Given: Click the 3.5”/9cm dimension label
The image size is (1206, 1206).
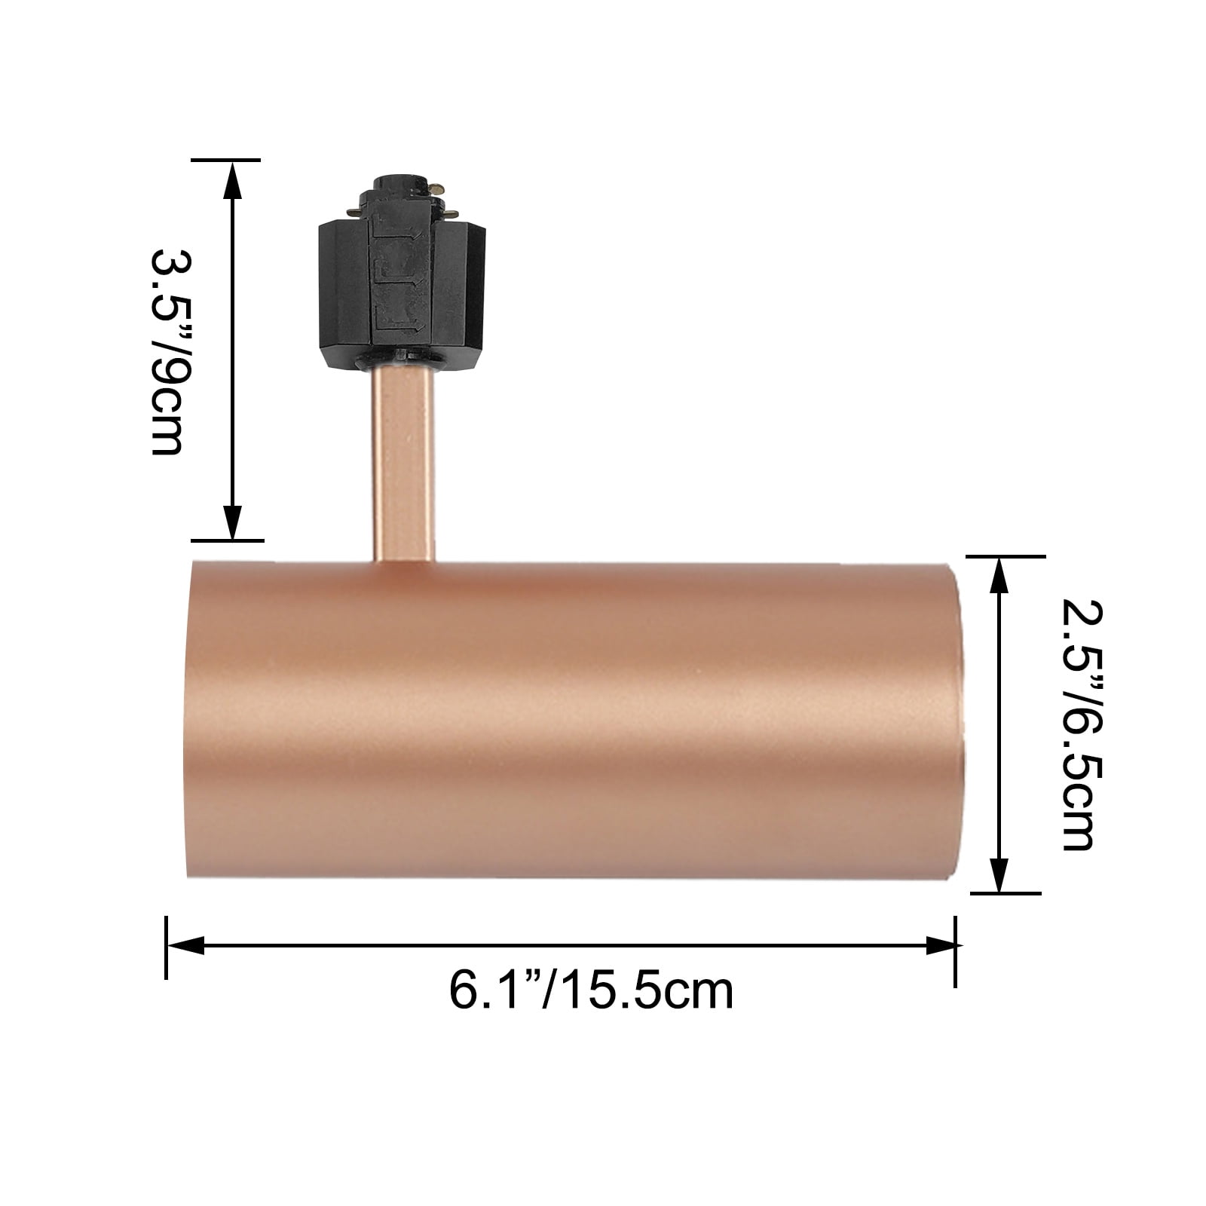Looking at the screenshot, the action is [x=167, y=352].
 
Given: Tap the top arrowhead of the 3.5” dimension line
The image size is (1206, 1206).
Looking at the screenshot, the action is [x=233, y=181].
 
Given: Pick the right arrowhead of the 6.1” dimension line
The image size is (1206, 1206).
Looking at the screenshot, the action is [x=936, y=945].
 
